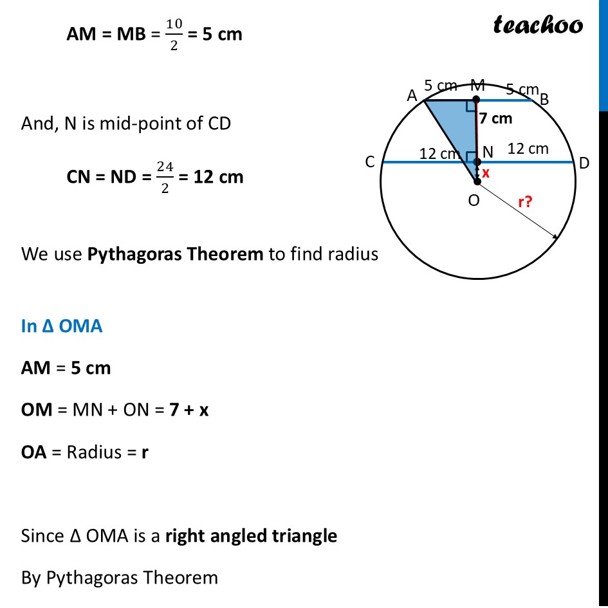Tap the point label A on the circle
coord(412,95)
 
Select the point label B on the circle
coord(544,100)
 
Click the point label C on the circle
coord(370,161)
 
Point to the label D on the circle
coord(584,163)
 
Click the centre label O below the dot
coord(474,201)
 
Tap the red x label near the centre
coord(486,172)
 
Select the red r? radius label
coord(526,201)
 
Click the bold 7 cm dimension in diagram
coord(495,118)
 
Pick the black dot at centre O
coord(477,181)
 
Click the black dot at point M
coord(477,100)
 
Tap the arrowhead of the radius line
coord(556,237)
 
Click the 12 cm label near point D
coord(528,149)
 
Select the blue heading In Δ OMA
coord(62,326)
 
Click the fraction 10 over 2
coord(174,35)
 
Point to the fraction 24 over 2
coord(165,177)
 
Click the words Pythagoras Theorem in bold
coord(175,254)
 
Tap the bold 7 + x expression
coord(189,410)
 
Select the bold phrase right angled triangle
coord(252,536)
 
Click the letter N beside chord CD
coord(488,152)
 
